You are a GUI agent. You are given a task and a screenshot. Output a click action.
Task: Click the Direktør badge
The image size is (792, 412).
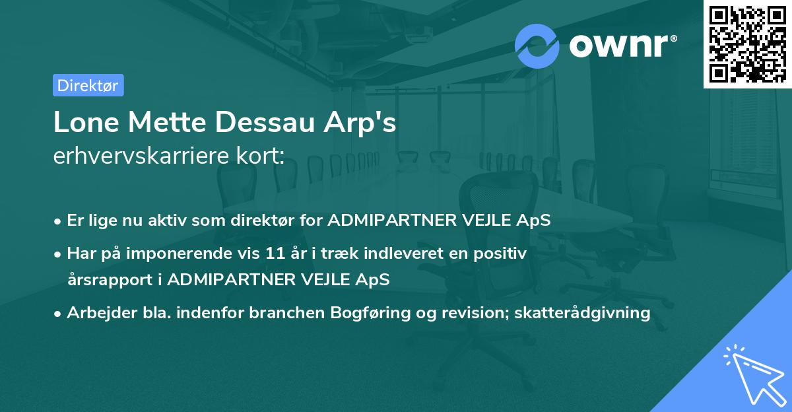(88, 85)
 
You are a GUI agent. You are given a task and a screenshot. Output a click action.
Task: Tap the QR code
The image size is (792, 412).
(747, 44)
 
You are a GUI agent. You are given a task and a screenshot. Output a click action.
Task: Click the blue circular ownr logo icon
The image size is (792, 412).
(537, 45)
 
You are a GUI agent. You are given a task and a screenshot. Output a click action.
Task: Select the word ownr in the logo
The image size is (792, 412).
(621, 45)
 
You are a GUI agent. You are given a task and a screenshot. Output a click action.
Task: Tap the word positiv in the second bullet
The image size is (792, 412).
(503, 254)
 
